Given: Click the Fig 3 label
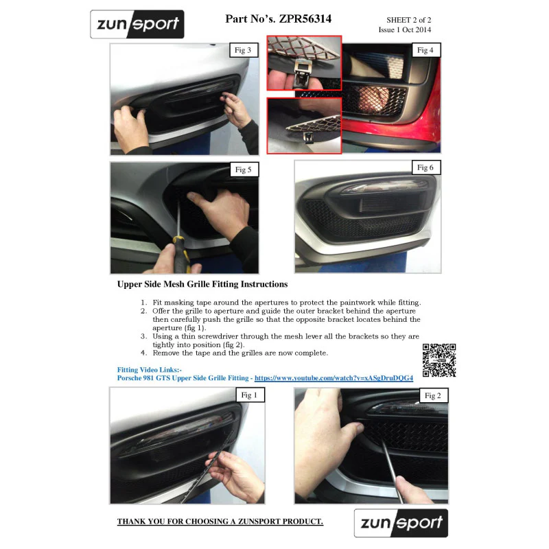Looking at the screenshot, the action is [244, 50].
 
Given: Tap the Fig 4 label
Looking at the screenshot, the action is [426, 50].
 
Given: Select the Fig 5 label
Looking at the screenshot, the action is [244, 170].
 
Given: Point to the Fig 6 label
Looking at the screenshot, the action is [426, 167].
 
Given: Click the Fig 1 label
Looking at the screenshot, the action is [250, 395].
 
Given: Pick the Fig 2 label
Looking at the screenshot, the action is [434, 396].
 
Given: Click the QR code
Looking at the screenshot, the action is [439, 360].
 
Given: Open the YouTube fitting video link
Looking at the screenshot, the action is [334, 378].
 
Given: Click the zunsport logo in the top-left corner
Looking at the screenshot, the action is [137, 24].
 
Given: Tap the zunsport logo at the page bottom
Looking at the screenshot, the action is [401, 523].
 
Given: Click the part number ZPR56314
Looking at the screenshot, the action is [305, 19].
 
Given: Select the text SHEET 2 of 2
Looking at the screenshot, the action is [408, 20].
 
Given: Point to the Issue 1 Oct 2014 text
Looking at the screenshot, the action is [405, 30].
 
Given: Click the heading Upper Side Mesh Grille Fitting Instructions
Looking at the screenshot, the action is [202, 284].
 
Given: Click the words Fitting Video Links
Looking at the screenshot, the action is [149, 370].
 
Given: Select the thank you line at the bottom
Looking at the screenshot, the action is [220, 522].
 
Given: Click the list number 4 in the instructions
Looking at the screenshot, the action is [143, 353].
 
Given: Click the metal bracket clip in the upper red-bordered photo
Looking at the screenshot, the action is [303, 71].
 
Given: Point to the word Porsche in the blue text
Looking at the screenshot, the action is [129, 378].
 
